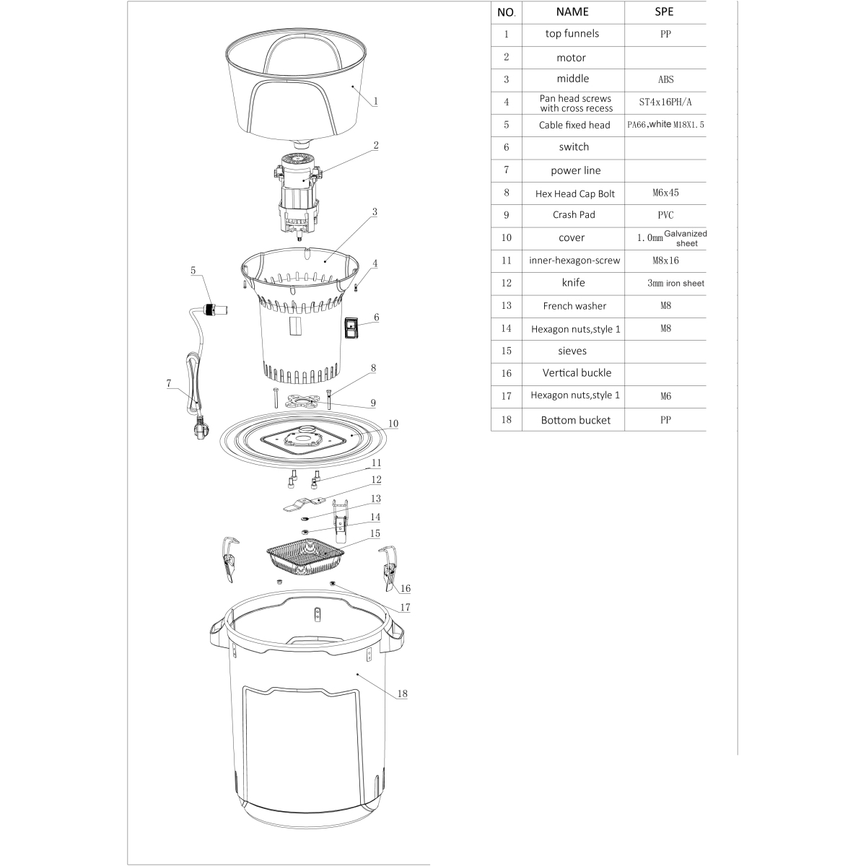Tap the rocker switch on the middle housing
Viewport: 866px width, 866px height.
click(x=351, y=327)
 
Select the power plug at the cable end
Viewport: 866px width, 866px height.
click(x=200, y=428)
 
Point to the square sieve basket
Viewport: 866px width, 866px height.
click(x=305, y=557)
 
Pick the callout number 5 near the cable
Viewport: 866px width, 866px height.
click(x=193, y=270)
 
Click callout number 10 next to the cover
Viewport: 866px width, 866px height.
click(x=393, y=424)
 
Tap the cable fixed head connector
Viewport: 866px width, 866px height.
click(x=215, y=310)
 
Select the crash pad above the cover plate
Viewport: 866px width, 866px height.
click(x=302, y=400)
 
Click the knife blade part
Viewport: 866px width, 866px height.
click(x=305, y=504)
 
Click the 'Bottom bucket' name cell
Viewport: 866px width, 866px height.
click(x=573, y=420)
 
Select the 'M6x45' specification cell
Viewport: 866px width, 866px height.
click(x=665, y=193)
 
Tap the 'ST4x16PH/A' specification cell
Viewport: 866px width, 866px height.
click(x=665, y=102)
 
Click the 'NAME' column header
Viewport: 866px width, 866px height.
click(x=572, y=12)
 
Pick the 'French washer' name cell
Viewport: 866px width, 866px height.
click(x=573, y=306)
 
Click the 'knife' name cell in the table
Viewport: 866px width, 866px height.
click(x=573, y=283)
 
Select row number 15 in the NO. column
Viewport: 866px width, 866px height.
click(x=507, y=351)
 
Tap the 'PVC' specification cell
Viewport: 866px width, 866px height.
click(x=665, y=215)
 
